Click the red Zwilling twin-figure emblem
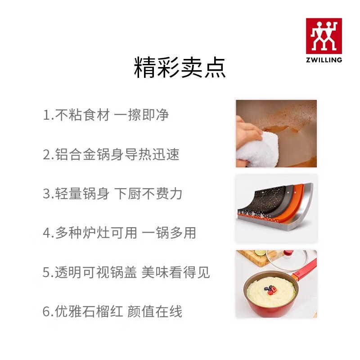324,36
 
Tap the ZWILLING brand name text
324,59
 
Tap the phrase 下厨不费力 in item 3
149,194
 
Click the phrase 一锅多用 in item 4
169,233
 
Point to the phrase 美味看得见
176,272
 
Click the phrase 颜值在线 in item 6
155,311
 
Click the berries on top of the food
271,291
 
